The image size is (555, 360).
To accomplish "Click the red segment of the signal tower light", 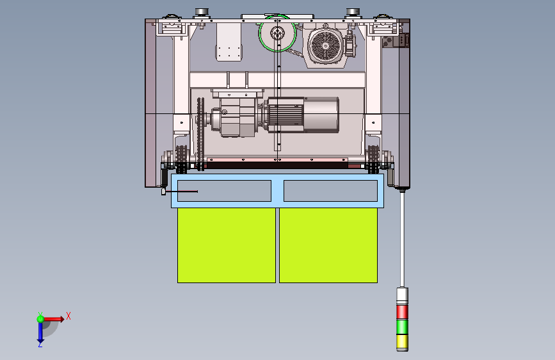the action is tap(402, 312).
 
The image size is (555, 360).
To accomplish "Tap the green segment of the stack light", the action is tap(402, 327).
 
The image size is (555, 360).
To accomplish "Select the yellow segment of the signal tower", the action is tap(402, 342).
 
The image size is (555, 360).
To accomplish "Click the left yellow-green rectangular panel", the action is tap(227, 245).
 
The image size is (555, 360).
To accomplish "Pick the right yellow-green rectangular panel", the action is tap(328, 245).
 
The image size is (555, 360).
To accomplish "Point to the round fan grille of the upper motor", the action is tap(326, 45).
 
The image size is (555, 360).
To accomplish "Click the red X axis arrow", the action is tap(53, 319).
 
